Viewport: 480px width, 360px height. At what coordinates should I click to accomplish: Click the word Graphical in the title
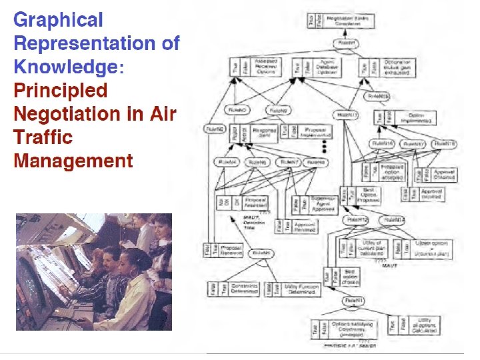[x=59, y=20]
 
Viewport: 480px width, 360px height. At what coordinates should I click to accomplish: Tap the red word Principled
[x=60, y=91]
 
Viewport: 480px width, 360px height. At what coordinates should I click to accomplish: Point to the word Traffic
[x=43, y=137]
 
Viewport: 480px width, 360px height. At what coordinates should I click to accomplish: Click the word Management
[x=73, y=161]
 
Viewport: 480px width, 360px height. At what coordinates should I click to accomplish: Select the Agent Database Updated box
[x=327, y=67]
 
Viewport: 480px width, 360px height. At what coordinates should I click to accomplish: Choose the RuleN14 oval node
[x=395, y=220]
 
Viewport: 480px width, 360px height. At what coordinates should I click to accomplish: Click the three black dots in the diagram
[x=325, y=146]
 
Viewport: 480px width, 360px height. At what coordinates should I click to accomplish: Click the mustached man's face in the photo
[x=111, y=257]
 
